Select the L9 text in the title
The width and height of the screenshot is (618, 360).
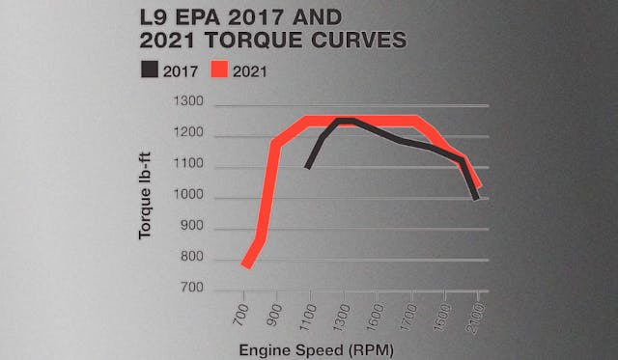click(182, 16)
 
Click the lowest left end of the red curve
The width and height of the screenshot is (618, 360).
click(245, 264)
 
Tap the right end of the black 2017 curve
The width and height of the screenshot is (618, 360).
click(475, 198)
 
